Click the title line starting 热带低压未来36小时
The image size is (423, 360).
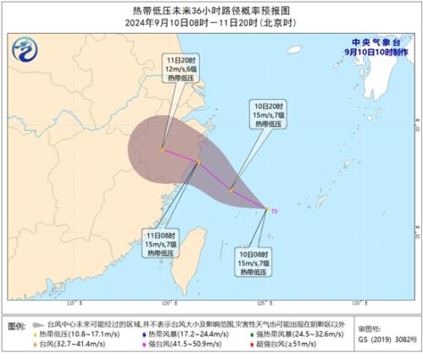click(211, 8)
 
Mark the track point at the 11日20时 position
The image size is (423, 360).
click(162, 150)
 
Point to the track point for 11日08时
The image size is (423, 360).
click(198, 162)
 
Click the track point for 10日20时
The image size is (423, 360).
click(231, 190)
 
